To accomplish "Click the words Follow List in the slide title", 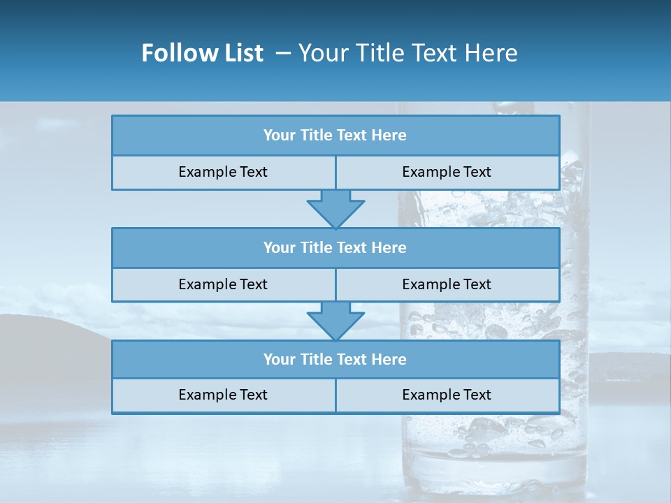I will click(202, 53).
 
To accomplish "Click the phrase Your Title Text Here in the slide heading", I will click(407, 53).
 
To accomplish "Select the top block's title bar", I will click(335, 136).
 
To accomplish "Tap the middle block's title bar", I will click(335, 247).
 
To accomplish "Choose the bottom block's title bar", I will click(335, 359).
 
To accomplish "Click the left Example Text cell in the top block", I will click(223, 172).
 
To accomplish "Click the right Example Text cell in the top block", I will click(447, 172).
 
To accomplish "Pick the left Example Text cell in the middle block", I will click(223, 284).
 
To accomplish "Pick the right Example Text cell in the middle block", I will click(447, 284).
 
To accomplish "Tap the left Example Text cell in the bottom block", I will click(223, 395).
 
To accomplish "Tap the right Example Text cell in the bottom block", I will click(447, 395).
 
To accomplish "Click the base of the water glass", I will click(493, 475).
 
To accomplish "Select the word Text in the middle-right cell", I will click(477, 284).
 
